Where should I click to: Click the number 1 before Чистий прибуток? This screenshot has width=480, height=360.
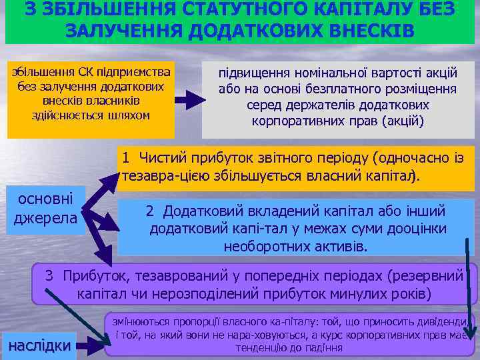(125, 158)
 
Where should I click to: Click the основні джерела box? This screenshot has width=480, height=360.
(46, 208)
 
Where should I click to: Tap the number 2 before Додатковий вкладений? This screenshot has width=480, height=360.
(151, 211)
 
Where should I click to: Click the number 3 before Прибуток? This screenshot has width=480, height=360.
(49, 276)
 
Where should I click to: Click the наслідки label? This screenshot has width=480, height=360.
(39, 344)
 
